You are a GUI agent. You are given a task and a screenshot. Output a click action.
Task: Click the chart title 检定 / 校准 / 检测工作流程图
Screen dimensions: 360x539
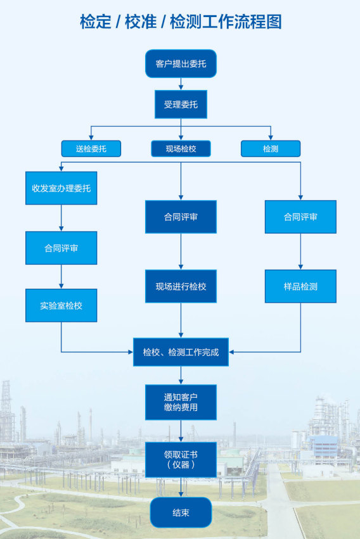point(181,22)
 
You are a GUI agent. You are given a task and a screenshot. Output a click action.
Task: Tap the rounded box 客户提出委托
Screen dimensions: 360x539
point(181,63)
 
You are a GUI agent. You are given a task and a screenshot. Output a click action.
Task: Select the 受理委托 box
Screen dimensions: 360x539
point(181,105)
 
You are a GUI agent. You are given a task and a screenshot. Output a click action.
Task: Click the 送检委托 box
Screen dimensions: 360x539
point(91,148)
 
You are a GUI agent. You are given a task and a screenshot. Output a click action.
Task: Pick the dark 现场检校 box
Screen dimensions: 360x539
point(181,148)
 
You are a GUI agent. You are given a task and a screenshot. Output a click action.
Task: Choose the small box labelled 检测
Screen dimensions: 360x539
point(271,148)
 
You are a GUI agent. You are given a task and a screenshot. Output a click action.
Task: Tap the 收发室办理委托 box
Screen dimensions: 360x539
point(61,188)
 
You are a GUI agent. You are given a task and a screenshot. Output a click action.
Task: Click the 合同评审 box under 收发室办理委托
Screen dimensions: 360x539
point(61,248)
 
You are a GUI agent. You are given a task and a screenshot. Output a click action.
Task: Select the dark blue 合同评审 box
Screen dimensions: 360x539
point(181,217)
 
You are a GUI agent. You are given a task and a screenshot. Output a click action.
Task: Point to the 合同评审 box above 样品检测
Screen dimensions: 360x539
point(300,217)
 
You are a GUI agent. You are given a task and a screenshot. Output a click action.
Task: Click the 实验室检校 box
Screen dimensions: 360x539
point(61,305)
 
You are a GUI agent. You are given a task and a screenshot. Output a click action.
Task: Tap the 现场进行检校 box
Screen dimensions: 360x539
point(181,286)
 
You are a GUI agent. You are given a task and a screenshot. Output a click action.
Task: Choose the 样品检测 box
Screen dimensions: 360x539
point(300,286)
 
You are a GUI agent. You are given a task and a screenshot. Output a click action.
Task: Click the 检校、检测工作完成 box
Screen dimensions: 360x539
point(181,352)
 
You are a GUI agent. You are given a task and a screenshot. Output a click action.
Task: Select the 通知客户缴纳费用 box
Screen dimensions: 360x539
point(181,402)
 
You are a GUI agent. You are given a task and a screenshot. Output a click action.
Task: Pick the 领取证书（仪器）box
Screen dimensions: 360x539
point(181,460)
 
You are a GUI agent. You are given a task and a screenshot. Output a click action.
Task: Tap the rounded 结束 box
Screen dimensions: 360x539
point(181,512)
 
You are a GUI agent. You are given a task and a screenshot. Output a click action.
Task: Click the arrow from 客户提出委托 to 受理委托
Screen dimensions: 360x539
point(181,84)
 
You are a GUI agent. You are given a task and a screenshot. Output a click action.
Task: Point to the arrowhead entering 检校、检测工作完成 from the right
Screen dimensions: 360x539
point(231,352)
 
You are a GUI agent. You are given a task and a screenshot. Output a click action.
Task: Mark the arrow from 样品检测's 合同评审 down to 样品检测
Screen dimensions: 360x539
point(300,251)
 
